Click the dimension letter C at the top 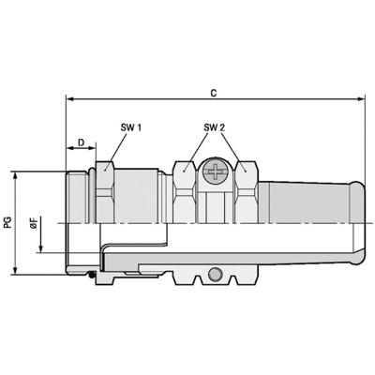(215, 93)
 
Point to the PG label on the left (9, 222)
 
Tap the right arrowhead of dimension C (359, 100)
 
